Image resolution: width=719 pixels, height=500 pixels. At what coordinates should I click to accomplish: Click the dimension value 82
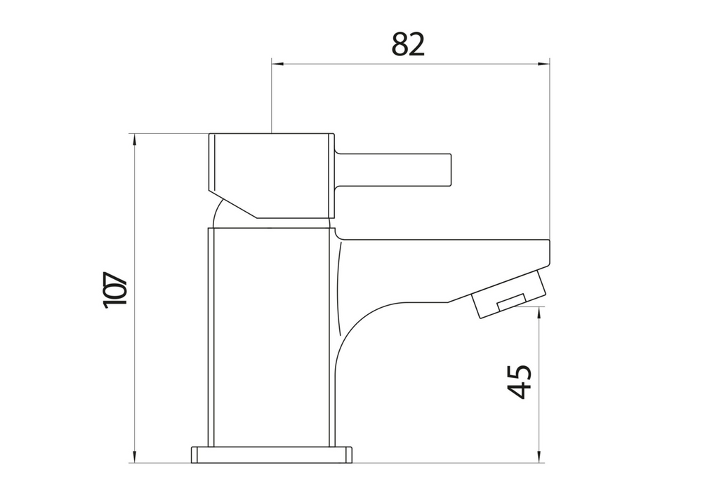408,45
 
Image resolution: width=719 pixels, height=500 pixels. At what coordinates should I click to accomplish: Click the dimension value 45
520,381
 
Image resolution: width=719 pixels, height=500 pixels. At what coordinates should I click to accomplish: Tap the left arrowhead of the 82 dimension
277,65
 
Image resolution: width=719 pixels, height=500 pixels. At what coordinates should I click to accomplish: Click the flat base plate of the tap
271,454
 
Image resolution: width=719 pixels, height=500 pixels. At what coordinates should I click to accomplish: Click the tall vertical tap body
270,337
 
